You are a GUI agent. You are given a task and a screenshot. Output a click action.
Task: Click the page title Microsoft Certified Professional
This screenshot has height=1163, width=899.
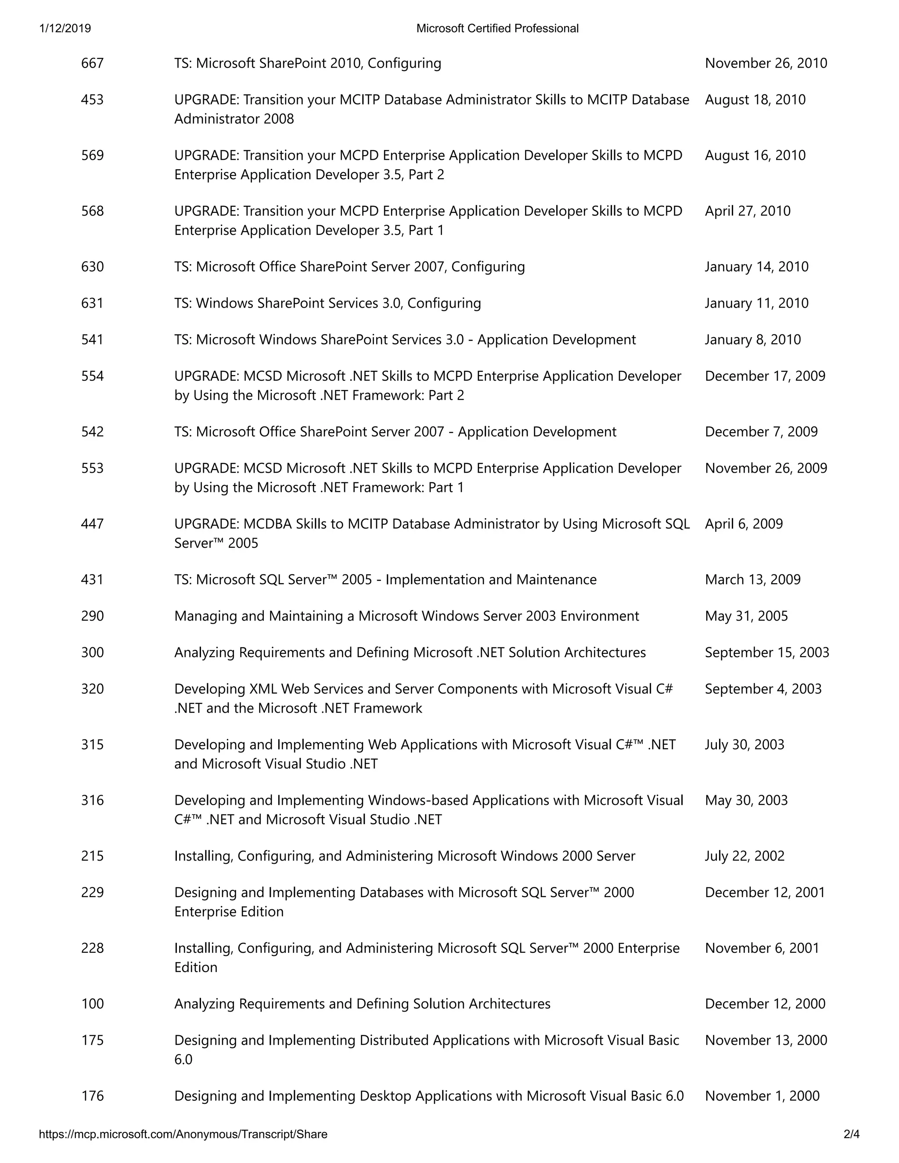[x=497, y=28]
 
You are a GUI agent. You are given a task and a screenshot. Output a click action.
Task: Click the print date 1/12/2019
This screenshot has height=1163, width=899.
[x=65, y=28]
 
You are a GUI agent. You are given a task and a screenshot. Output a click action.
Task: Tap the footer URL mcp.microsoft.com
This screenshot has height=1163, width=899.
[x=183, y=1134]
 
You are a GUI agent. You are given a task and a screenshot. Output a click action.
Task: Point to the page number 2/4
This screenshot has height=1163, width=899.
[x=852, y=1134]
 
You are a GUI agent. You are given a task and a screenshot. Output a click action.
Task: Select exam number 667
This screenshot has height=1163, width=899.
[x=92, y=63]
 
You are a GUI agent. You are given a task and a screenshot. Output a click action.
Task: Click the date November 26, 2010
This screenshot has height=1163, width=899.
[x=766, y=63]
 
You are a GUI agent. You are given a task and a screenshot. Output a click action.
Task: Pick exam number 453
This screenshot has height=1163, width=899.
[x=92, y=100]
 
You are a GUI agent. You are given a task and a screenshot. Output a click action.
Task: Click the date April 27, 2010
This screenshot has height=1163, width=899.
[x=747, y=212]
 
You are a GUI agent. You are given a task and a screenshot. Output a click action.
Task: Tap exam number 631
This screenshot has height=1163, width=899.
[x=92, y=304]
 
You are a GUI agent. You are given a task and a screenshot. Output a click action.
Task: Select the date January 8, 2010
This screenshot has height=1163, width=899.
[x=752, y=340]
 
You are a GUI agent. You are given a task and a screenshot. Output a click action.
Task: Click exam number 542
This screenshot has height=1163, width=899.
[x=92, y=432]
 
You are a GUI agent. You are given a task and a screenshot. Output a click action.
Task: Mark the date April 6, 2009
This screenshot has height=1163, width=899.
[x=744, y=524]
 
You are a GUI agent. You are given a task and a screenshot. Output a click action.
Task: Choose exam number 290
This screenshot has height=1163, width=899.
[x=92, y=616]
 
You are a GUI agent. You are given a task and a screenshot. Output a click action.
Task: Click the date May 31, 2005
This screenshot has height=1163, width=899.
[x=746, y=616]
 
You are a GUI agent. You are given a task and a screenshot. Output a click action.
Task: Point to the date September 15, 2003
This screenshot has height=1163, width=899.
[x=767, y=653]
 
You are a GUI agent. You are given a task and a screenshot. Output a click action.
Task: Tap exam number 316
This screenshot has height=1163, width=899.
[x=92, y=800]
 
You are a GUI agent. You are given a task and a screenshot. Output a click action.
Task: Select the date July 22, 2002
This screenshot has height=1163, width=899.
[x=744, y=856]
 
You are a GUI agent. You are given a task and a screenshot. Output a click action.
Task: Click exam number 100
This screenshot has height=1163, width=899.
[x=92, y=1004]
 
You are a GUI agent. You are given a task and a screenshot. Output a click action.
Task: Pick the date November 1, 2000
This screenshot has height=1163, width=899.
[x=762, y=1096]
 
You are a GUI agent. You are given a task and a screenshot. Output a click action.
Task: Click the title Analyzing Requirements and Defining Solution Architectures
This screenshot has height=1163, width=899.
[x=362, y=1004]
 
